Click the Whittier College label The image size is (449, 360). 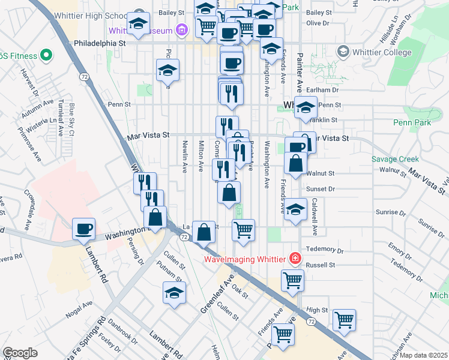[382, 52]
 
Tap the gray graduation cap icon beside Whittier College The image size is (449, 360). [343, 52]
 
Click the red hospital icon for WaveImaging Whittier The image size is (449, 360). [295, 259]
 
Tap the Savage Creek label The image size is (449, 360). [394, 159]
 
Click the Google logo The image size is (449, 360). [20, 353]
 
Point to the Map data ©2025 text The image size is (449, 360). [424, 355]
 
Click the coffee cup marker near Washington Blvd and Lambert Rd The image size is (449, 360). [83, 228]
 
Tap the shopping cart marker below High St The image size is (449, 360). [344, 319]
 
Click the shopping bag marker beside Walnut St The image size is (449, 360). [296, 163]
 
